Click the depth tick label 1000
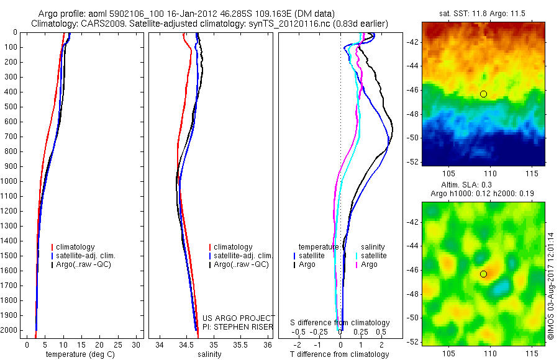[9, 181]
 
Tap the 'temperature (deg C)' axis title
[79, 354]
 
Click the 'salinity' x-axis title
[209, 354]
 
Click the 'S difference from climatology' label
[340, 323]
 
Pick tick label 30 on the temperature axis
[137, 344]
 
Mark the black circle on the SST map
[483, 94]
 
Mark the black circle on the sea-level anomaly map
[483, 274]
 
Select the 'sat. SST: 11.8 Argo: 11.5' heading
[483, 12]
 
